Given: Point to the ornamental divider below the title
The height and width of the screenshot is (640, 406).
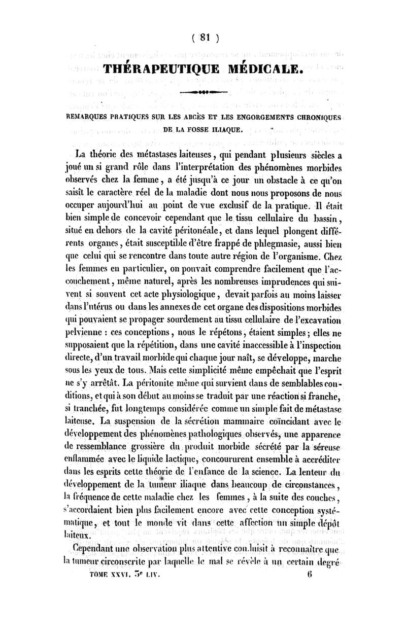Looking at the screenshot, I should point(206,93).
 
